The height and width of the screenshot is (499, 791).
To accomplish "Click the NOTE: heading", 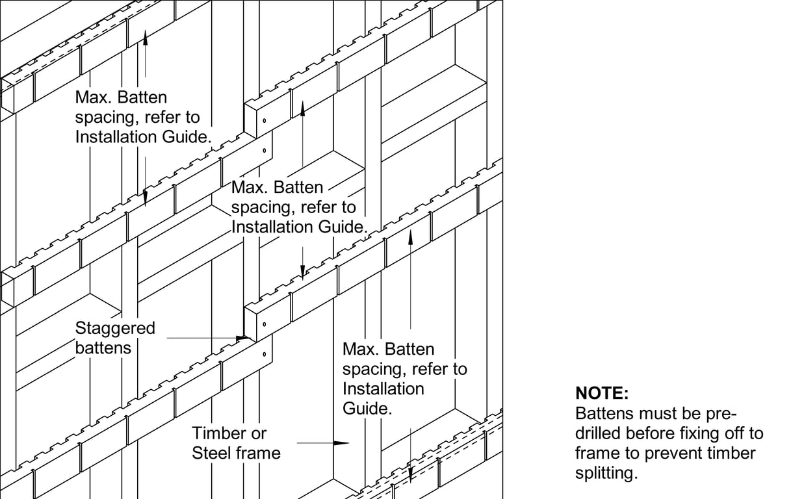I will point(602,393).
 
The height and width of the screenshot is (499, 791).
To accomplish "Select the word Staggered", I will point(115,328).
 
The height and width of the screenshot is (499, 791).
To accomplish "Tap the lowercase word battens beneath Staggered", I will point(103,348).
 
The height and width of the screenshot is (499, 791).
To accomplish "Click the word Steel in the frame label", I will point(212,453).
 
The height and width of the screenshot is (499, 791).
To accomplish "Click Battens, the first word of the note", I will point(604,413).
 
